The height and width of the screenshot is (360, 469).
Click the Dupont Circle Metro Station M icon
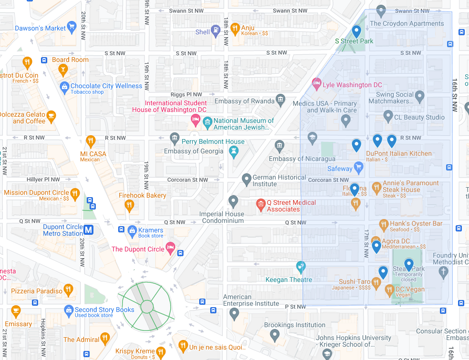88,230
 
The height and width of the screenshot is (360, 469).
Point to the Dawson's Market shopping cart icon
72,28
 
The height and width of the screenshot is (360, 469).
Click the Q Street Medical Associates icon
260,205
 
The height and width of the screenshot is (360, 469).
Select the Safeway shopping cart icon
359,168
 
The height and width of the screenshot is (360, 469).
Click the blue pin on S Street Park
356,32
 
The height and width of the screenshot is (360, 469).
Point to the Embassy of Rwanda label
245,101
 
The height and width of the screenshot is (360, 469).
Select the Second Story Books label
104,310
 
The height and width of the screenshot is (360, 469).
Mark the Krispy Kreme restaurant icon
161,352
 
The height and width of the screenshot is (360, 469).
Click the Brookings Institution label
295,325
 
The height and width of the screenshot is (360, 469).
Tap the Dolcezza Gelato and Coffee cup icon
51,115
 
